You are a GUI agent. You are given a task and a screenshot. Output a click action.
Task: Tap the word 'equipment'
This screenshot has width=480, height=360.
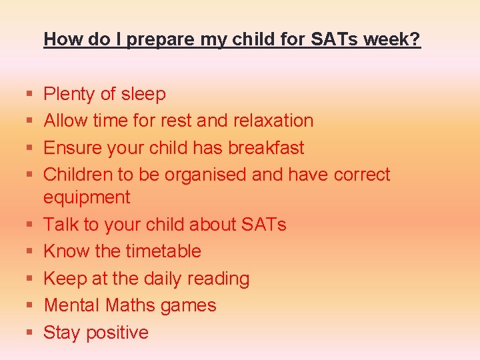click(87, 198)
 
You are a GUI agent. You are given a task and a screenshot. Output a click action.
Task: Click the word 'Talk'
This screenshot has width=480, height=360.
click(61, 225)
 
